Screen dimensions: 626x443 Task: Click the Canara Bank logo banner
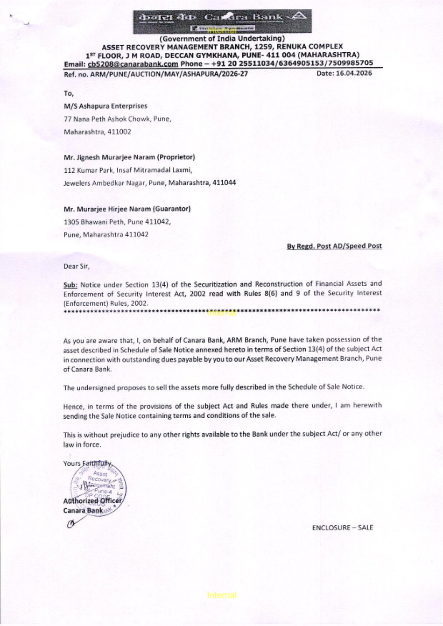coord(222,20)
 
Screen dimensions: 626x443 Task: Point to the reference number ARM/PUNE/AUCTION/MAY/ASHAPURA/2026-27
coord(169,74)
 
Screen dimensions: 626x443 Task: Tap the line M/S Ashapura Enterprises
coord(105,106)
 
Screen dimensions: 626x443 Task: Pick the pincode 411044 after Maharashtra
coord(224,183)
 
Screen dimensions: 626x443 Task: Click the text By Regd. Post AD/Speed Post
coord(334,246)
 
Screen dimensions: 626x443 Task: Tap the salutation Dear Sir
coord(76,266)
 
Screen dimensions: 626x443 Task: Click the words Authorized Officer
coord(92,501)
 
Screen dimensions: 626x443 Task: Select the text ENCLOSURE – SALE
coord(342,528)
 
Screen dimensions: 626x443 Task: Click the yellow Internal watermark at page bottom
coord(221,595)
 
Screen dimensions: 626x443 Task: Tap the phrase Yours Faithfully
coord(88,463)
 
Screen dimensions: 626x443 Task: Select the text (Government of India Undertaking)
coord(222,39)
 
